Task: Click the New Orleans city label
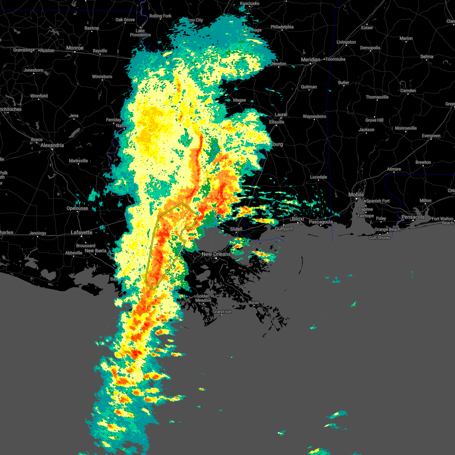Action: [x=216, y=254]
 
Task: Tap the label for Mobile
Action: [x=356, y=195]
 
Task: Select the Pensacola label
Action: [x=413, y=217]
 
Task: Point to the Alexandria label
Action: [x=52, y=145]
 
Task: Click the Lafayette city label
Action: [x=82, y=232]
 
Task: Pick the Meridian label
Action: [x=310, y=60]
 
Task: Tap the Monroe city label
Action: [x=75, y=48]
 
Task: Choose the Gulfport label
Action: [x=284, y=229]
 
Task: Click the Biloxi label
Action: [x=298, y=219]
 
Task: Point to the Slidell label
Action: [x=236, y=229]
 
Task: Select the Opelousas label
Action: [x=77, y=208]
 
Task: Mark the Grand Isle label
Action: [x=222, y=312]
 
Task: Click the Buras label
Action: [x=254, y=303]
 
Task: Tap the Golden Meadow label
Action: [x=203, y=298]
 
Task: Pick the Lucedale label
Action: [x=318, y=177]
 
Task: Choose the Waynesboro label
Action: [x=314, y=116]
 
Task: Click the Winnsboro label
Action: [x=102, y=77]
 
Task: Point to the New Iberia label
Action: [x=96, y=251]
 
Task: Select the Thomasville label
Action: [x=377, y=97]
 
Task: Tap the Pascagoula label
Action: [x=321, y=222]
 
